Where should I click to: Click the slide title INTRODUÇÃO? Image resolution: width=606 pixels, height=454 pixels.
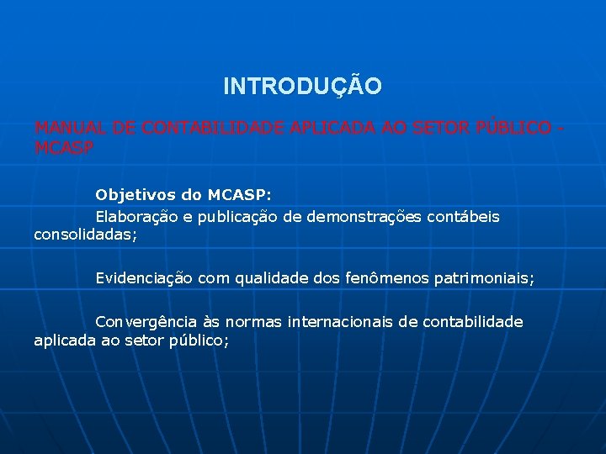302,87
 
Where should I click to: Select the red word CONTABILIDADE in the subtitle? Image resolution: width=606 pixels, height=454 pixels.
213,129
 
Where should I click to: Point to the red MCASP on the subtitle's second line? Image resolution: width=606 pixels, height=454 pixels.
64,147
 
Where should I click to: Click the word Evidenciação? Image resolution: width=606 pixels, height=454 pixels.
144,277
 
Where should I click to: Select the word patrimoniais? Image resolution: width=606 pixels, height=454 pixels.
483,277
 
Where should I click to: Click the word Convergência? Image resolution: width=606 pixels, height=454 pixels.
146,322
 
